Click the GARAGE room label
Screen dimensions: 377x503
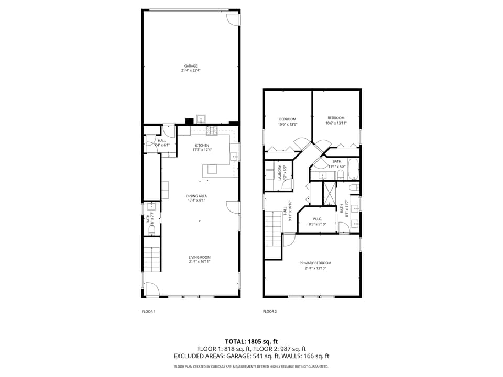pyautogui.click(x=191, y=66)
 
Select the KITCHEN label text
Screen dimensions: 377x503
pyautogui.click(x=202, y=145)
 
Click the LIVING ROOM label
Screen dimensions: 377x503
pyautogui.click(x=200, y=257)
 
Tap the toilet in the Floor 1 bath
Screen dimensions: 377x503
pyautogui.click(x=151, y=230)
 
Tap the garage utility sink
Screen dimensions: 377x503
pyautogui.click(x=201, y=119)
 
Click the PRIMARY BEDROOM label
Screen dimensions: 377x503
pyautogui.click(x=315, y=263)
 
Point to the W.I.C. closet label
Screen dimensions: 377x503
pyautogui.click(x=316, y=219)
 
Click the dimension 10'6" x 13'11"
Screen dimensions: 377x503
pyautogui.click(x=336, y=123)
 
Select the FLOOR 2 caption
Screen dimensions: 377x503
pyautogui.click(x=270, y=312)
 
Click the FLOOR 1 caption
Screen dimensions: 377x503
pyautogui.click(x=149, y=312)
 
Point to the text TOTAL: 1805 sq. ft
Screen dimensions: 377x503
pyautogui.click(x=251, y=341)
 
